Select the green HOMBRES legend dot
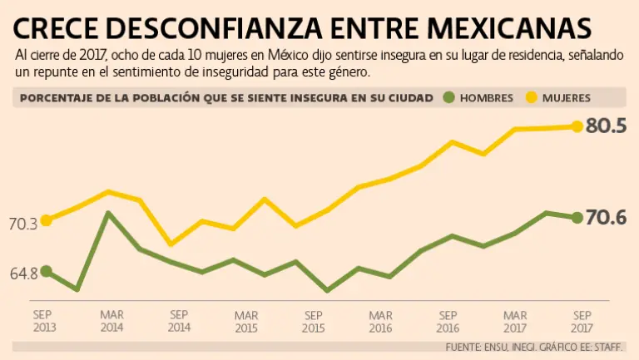(x=451, y=97)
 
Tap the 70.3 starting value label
(x=22, y=224)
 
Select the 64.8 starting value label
(x=22, y=274)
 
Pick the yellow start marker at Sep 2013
(x=47, y=220)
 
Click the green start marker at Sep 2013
(x=47, y=271)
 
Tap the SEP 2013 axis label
(x=45, y=321)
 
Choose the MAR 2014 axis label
(x=111, y=321)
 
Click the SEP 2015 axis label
(x=313, y=321)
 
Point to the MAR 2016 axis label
(x=380, y=321)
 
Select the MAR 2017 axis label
(x=515, y=321)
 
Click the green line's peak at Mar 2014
(x=109, y=213)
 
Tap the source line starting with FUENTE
(x=538, y=346)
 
